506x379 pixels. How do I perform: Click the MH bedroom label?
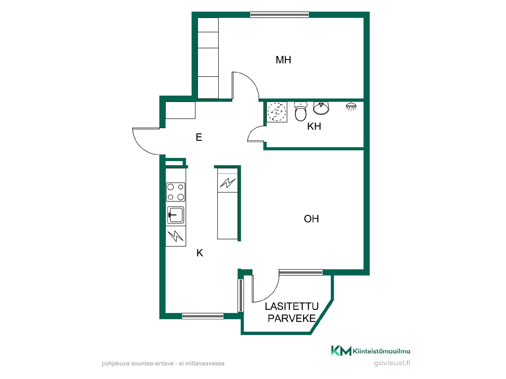(x=283, y=60)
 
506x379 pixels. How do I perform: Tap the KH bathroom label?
(x=314, y=126)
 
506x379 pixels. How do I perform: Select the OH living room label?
(x=311, y=219)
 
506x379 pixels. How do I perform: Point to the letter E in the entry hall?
(x=199, y=137)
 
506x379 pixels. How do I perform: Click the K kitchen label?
(x=200, y=253)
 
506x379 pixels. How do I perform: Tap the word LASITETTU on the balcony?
(x=292, y=306)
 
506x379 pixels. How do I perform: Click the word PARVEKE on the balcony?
(x=292, y=318)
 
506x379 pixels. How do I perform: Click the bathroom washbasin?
(x=321, y=108)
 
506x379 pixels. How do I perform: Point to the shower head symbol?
(x=351, y=106)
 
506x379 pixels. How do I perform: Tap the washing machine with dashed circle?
(x=277, y=112)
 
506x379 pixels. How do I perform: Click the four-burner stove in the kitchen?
(x=176, y=192)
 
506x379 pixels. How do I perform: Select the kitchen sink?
(x=176, y=215)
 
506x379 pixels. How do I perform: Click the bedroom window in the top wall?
(x=279, y=14)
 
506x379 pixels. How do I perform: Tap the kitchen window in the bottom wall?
(x=203, y=316)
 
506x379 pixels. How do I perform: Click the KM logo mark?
(x=341, y=351)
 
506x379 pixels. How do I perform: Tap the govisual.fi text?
(x=392, y=363)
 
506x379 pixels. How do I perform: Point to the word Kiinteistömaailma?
(x=381, y=351)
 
